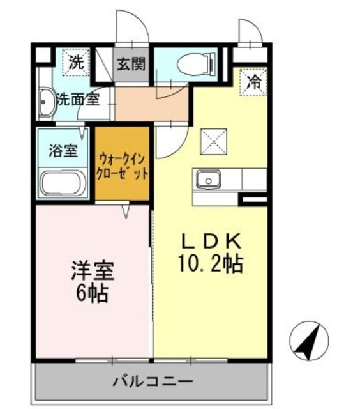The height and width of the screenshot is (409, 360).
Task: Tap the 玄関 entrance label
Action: tap(131, 65)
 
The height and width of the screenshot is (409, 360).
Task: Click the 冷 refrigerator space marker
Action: tap(253, 82)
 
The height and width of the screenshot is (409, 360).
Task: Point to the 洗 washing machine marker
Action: tap(75, 63)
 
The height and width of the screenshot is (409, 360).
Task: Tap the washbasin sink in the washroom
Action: tap(47, 103)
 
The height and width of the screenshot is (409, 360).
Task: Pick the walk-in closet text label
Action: tap(123, 165)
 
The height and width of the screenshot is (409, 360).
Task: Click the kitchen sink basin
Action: tap(207, 180)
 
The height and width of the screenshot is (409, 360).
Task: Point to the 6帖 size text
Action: tap(93, 293)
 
